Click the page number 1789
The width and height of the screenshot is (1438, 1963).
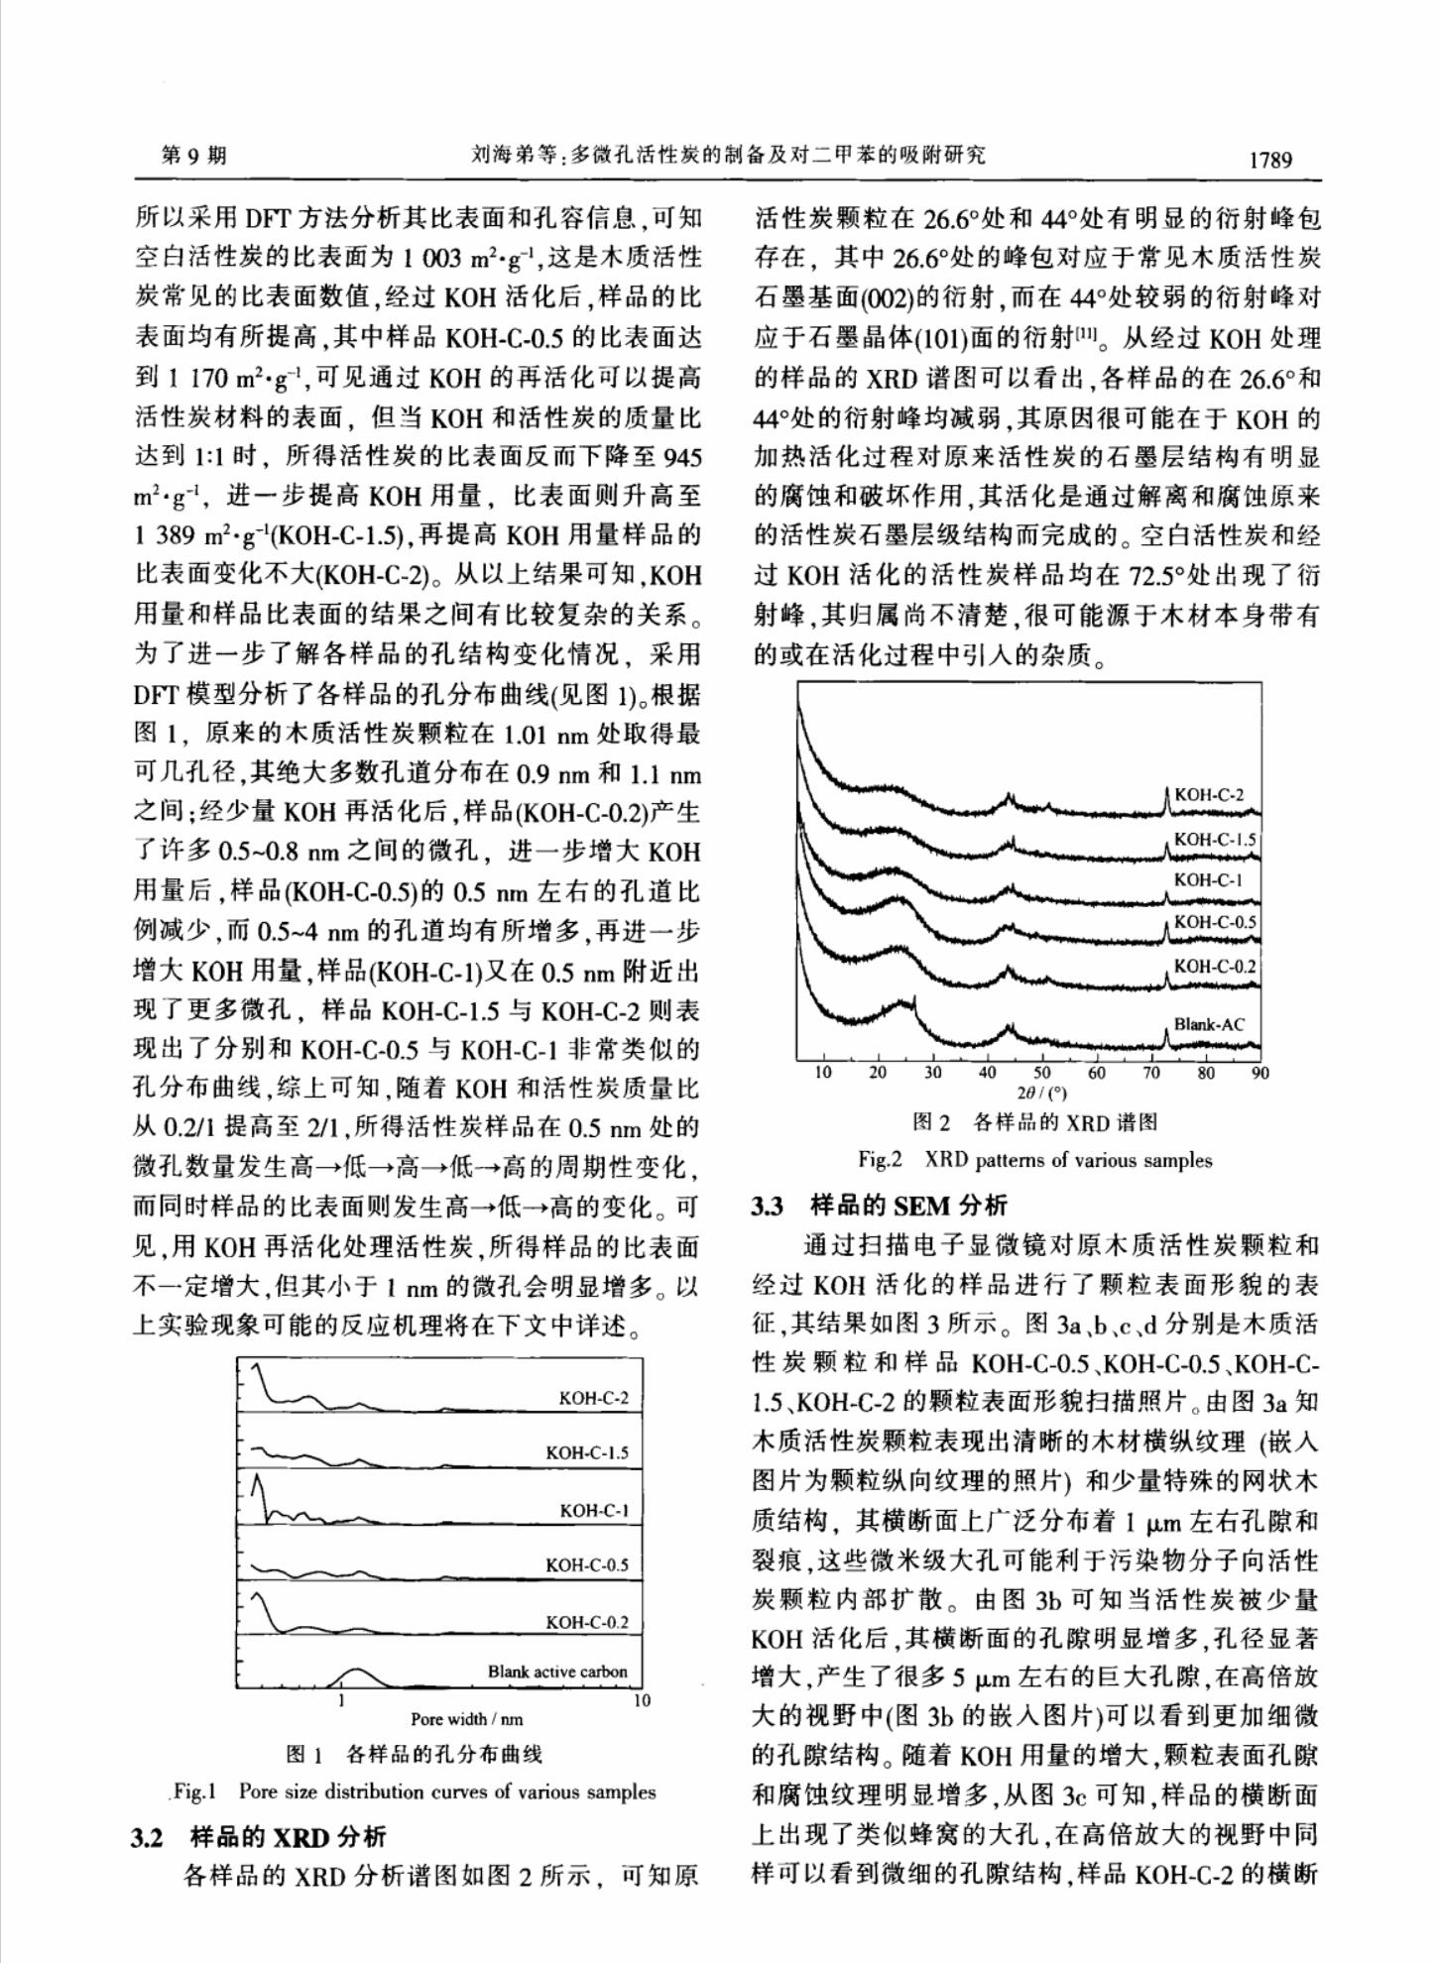pos(1270,159)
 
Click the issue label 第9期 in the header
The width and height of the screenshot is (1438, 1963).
pos(194,156)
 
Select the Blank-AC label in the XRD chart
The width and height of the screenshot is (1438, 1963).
pos(1208,1024)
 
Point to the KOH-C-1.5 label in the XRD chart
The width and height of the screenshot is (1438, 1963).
pos(1215,840)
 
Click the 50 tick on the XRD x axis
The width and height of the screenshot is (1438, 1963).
pos(1041,1073)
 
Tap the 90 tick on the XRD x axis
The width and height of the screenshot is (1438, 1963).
pos(1259,1073)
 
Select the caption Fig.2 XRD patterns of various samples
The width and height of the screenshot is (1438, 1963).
pos(1034,1160)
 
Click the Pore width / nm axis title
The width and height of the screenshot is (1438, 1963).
pos(466,1718)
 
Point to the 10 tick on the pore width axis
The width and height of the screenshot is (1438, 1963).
pos(643,1700)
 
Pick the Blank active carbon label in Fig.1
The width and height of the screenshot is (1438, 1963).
pos(557,1672)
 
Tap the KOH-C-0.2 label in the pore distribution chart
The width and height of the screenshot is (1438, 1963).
pos(587,1622)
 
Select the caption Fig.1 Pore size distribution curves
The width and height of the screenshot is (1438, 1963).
pos(414,1791)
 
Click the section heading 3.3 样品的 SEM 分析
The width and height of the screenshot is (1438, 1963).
pos(880,1205)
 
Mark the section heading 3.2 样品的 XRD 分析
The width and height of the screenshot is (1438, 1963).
pos(259,1837)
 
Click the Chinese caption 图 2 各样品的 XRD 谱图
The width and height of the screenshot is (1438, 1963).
pos(1034,1122)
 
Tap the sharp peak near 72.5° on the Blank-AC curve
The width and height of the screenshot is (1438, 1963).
pos(1166,1031)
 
